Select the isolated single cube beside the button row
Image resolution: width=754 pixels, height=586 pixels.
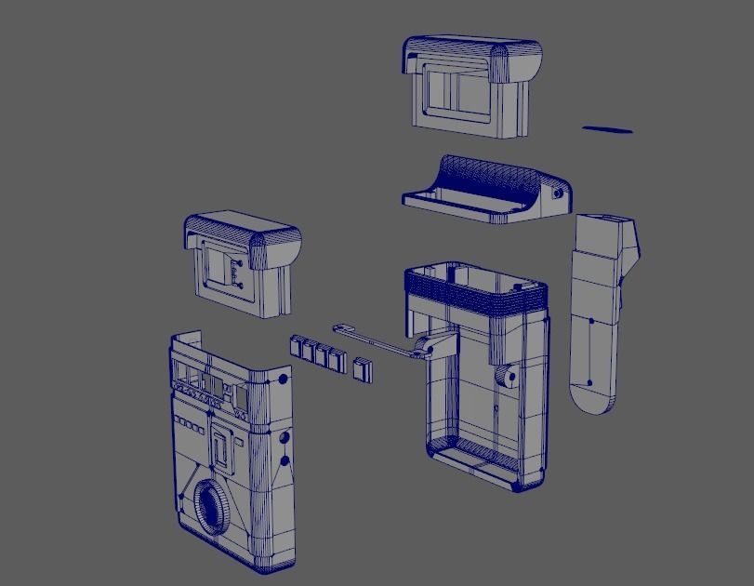pyautogui.click(x=362, y=369)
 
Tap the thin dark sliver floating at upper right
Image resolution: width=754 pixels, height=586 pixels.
pyautogui.click(x=607, y=129)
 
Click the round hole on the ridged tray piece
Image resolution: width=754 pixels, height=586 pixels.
pyautogui.click(x=558, y=193)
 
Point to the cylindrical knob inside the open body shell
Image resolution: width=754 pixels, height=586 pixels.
pyautogui.click(x=508, y=377)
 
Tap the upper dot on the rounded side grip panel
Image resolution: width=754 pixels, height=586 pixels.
pyautogui.click(x=592, y=321)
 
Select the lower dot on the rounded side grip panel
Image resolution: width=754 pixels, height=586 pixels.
pyautogui.click(x=589, y=381)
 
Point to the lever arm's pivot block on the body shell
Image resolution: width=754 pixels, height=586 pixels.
pyautogui.click(x=430, y=347)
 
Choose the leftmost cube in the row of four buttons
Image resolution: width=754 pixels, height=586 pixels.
pyautogui.click(x=298, y=345)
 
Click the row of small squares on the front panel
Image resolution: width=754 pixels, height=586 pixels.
pyautogui.click(x=190, y=424)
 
